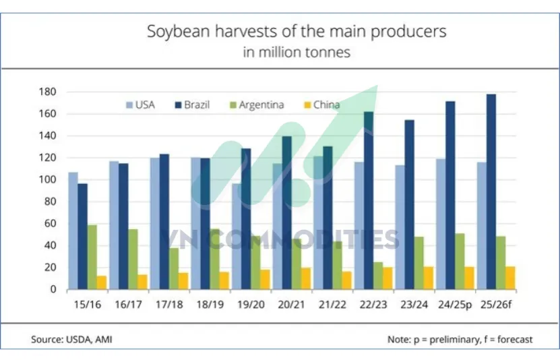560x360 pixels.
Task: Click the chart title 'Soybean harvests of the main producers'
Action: click(297, 32)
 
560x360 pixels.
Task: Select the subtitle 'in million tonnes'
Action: click(297, 52)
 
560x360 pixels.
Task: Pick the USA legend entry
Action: click(141, 104)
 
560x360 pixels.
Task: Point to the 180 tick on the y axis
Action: click(53, 92)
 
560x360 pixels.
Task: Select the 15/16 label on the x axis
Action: click(87, 304)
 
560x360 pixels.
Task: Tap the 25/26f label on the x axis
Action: click(497, 304)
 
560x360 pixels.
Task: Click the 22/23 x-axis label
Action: click(373, 304)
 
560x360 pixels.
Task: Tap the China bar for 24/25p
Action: click(469, 278)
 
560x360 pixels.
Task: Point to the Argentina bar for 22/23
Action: click(378, 276)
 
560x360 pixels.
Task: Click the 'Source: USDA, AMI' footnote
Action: click(71, 339)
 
